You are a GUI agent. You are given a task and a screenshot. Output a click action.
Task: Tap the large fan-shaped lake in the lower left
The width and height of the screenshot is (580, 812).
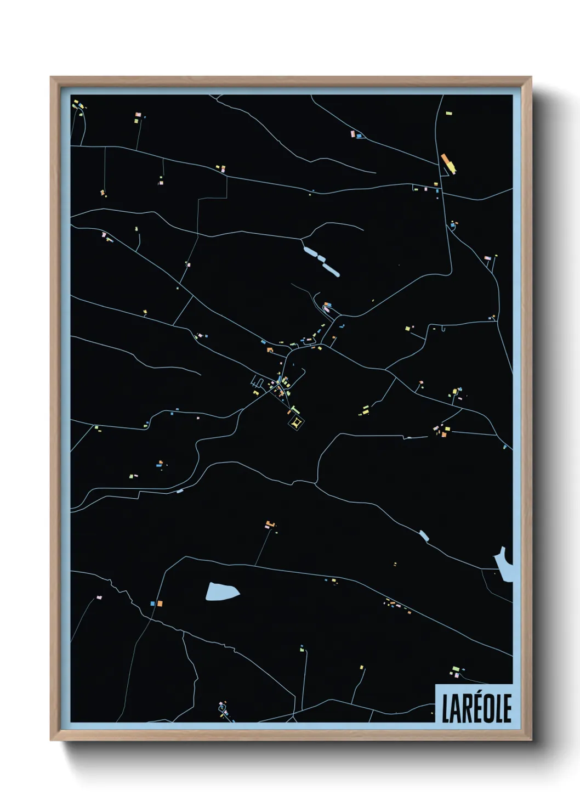[221, 591]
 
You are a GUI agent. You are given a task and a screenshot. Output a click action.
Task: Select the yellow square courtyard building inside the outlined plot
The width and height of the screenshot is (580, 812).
[296, 423]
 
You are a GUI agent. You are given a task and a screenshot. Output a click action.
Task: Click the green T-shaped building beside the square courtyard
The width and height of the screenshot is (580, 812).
[295, 409]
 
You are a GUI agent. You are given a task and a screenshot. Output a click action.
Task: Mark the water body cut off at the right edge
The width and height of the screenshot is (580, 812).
[505, 566]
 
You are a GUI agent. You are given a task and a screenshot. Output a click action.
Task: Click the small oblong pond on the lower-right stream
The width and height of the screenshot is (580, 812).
[423, 535]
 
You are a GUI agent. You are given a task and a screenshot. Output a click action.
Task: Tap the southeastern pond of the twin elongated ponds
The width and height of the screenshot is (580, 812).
[331, 269]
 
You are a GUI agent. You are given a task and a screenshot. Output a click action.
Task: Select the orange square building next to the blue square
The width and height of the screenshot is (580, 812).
[160, 603]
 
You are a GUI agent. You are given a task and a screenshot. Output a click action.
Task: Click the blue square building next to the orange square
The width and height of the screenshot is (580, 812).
[152, 604]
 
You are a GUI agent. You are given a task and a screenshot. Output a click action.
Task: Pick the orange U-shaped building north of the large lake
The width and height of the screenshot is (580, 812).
[269, 524]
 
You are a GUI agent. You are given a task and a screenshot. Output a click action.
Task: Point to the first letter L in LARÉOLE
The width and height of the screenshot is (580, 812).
[446, 708]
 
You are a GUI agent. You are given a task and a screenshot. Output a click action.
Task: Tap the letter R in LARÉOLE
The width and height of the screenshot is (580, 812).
[468, 708]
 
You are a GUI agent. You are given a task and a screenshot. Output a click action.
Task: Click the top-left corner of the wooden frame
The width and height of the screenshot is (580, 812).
[51, 77]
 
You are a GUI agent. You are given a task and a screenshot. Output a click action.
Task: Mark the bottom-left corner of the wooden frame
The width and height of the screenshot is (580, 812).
[51, 740]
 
